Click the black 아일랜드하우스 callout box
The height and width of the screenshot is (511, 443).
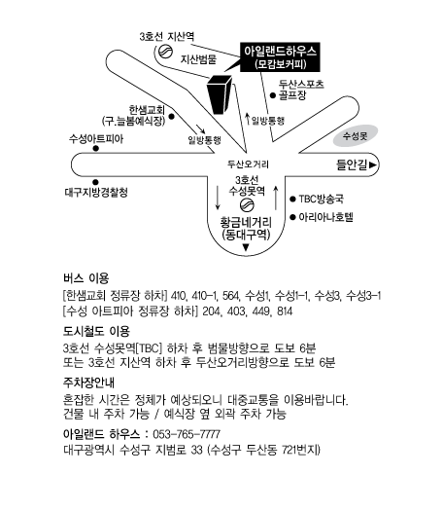[280, 57]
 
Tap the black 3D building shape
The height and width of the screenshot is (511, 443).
[219, 94]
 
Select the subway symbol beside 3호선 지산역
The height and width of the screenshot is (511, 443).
[165, 52]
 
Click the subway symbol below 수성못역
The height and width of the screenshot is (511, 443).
[247, 205]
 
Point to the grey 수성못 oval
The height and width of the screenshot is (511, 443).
[356, 136]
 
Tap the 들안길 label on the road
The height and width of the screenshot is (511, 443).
[352, 164]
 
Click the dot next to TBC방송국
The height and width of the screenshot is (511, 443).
[292, 199]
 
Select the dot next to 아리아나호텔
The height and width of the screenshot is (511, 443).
[292, 217]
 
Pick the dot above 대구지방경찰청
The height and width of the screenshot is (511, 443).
[95, 182]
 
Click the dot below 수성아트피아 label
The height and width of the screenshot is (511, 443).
[95, 148]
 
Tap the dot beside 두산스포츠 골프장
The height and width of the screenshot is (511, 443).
[273, 95]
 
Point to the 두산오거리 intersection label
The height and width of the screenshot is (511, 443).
[248, 164]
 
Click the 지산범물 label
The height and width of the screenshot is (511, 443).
[199, 59]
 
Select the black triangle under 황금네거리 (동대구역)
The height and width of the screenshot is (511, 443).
[246, 247]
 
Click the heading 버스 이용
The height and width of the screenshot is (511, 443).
[86, 278]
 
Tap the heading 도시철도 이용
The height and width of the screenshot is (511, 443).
[96, 331]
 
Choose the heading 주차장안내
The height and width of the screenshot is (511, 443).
[88, 383]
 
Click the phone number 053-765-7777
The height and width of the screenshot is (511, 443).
[187, 434]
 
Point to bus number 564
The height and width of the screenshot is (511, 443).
[230, 296]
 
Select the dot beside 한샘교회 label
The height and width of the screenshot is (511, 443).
[171, 117]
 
